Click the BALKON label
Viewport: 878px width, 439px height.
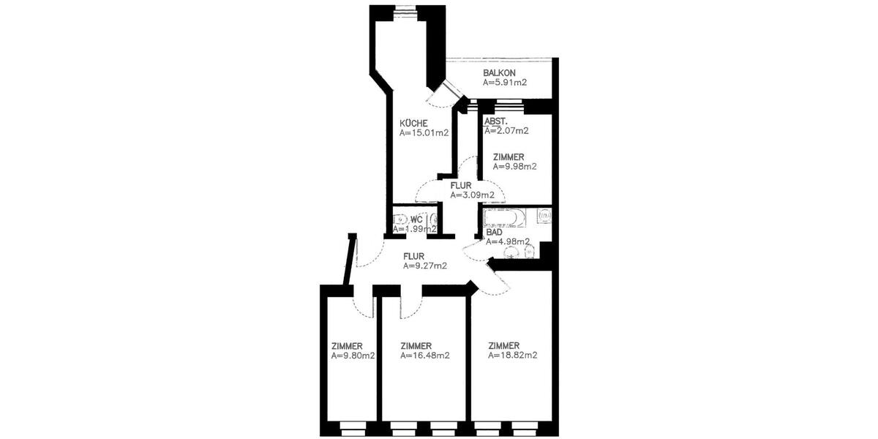pyautogui.click(x=500, y=73)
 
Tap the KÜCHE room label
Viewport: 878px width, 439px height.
pyautogui.click(x=413, y=123)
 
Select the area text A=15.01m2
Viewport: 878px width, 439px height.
pyautogui.click(x=424, y=133)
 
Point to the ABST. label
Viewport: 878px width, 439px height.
pyautogui.click(x=497, y=121)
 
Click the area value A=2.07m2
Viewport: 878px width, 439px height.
pyautogui.click(x=506, y=131)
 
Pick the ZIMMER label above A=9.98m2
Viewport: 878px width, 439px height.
pyautogui.click(x=508, y=157)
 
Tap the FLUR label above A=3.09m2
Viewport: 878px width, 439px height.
pyautogui.click(x=461, y=186)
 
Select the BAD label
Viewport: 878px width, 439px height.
pyautogui.click(x=494, y=232)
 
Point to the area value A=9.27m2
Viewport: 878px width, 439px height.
pyautogui.click(x=425, y=266)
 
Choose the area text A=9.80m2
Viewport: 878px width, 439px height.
pyautogui.click(x=353, y=356)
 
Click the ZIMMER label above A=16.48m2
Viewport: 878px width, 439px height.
pyautogui.click(x=416, y=346)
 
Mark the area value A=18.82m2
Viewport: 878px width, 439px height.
pyautogui.click(x=513, y=356)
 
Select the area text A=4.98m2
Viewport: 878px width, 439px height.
pyautogui.click(x=508, y=242)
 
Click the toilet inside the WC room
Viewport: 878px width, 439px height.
pyautogui.click(x=400, y=219)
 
